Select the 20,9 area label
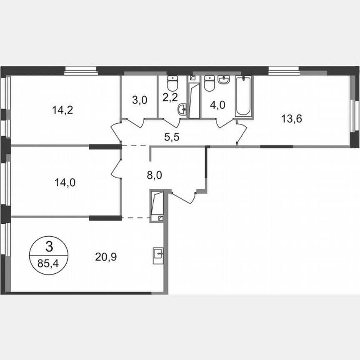[106, 256]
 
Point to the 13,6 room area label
[292, 118]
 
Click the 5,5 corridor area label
[171, 136]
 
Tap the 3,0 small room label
[139, 101]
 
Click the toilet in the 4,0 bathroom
[209, 83]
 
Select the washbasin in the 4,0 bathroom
[224, 80]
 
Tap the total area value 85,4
[49, 263]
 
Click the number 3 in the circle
[49, 247]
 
